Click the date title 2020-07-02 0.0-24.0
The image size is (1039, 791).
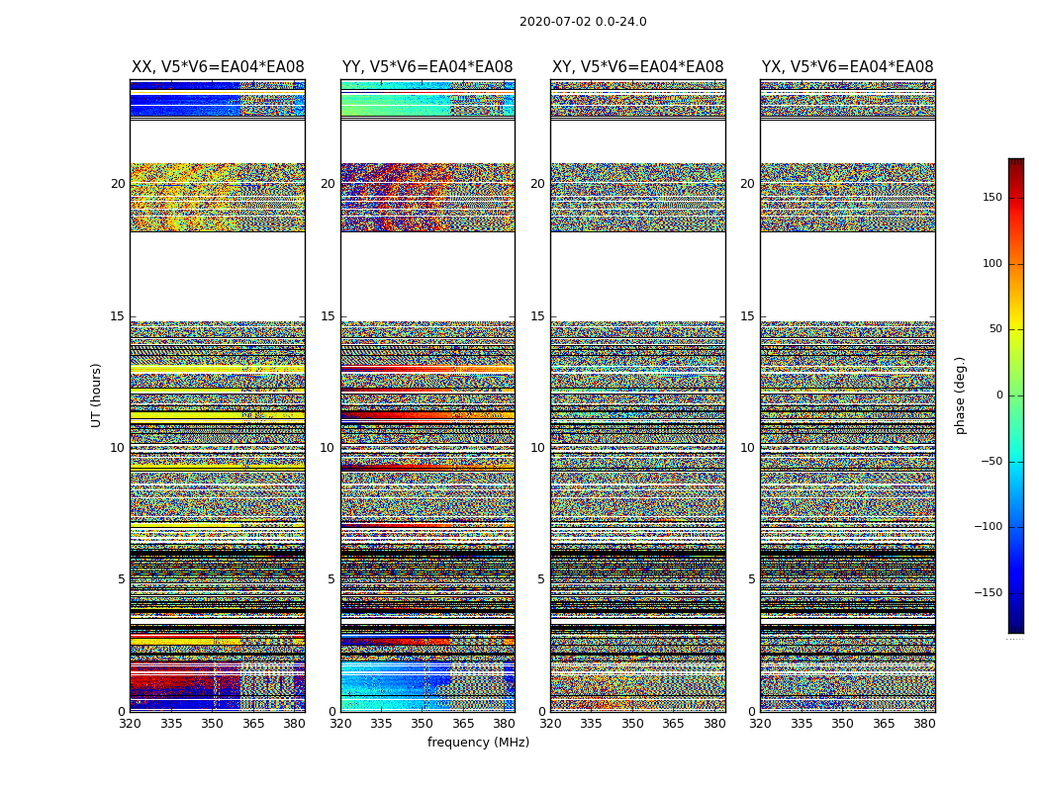[x=583, y=22]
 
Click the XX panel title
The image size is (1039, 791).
[x=218, y=67]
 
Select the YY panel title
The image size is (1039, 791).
[x=427, y=67]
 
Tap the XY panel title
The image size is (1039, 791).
[x=637, y=67]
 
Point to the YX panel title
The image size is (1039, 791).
[x=847, y=67]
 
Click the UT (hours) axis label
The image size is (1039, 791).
[x=97, y=395]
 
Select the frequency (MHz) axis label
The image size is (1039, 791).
[x=478, y=743]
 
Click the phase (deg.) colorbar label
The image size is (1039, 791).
[x=960, y=395]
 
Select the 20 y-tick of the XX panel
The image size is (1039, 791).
[x=118, y=184]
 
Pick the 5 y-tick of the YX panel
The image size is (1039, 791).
[x=751, y=579]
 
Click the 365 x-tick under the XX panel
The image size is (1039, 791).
[x=253, y=724]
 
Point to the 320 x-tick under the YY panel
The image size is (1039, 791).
[x=340, y=724]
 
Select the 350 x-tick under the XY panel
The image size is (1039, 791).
[x=632, y=724]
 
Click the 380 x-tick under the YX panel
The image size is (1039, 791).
[x=924, y=724]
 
